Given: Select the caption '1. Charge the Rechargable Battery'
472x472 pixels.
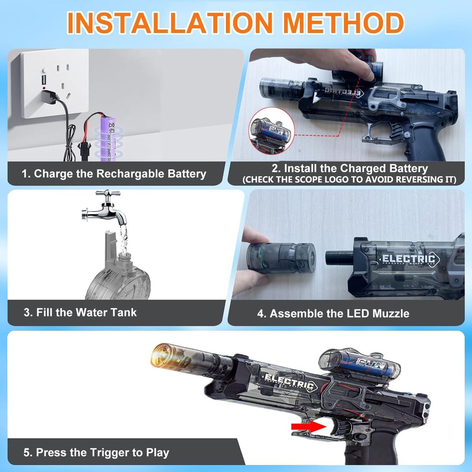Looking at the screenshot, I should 114,174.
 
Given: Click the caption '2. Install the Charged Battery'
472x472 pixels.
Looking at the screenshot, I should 349,168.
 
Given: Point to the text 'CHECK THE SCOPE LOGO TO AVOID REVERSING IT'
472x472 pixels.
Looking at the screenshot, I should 349,180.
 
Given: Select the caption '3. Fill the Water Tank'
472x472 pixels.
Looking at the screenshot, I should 80,313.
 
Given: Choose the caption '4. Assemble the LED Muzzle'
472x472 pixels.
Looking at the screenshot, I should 333,313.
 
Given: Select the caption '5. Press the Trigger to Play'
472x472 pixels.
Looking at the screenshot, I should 96,452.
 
